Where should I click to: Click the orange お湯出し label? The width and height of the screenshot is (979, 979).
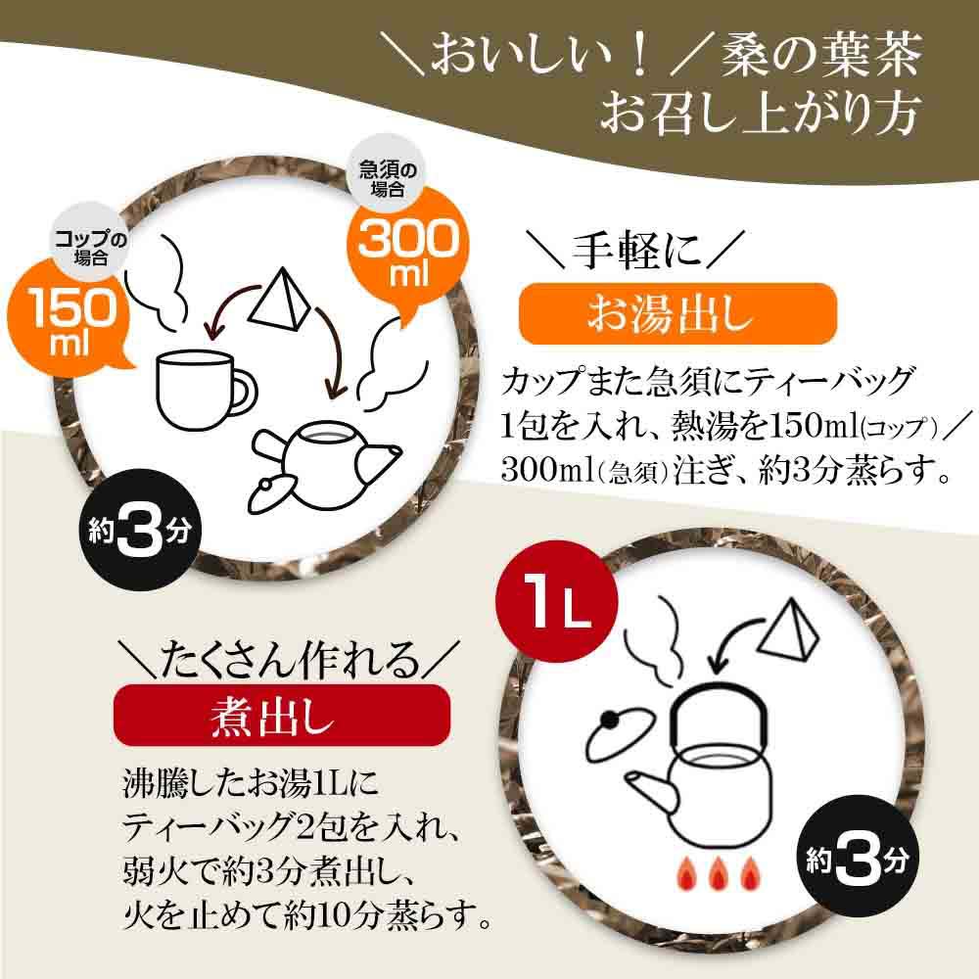click(677, 313)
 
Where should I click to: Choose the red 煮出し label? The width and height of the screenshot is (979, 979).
click(282, 715)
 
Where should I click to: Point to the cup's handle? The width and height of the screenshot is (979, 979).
click(245, 394)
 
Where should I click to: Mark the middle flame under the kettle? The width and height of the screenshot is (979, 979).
click(719, 872)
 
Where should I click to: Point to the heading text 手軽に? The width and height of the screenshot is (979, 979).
click(636, 251)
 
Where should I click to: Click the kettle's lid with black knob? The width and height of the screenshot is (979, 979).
click(617, 736)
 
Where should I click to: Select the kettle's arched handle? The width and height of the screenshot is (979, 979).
click(720, 717)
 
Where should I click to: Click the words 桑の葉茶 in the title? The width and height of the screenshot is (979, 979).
click(821, 56)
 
